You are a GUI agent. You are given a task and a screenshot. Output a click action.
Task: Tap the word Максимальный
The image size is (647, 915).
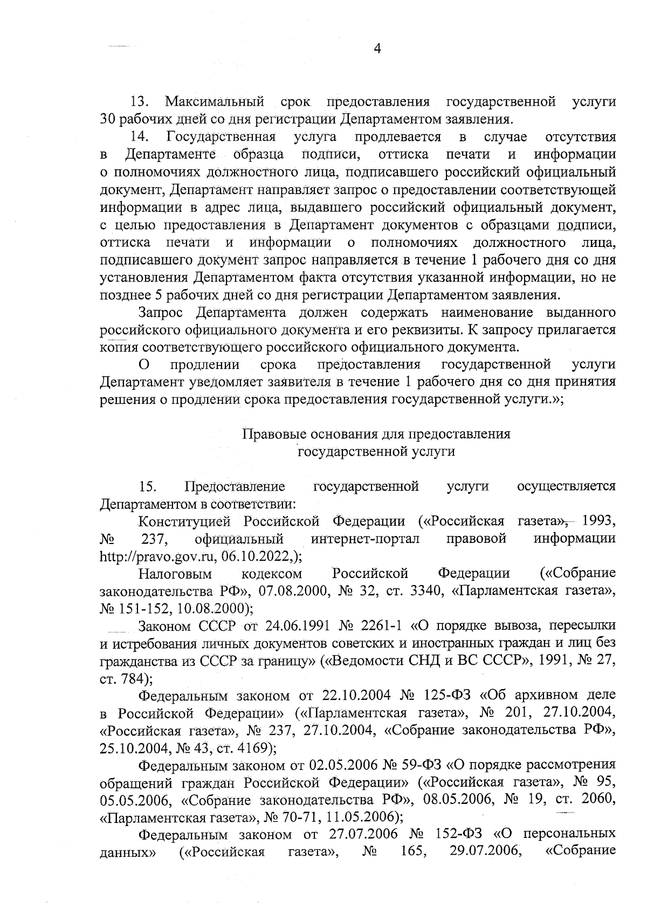pos(214,101)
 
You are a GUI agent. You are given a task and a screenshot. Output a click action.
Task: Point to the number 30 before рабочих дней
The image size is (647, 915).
pos(108,118)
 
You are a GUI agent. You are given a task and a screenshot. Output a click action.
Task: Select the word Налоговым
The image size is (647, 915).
pos(175,573)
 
